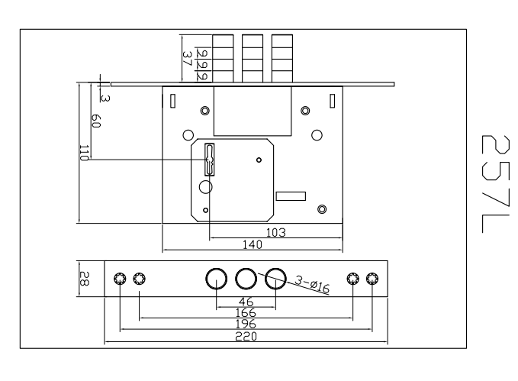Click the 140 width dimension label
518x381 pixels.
click(x=252, y=244)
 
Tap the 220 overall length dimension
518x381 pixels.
click(x=246, y=336)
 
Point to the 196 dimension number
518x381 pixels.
click(x=246, y=324)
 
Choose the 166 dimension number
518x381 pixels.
click(x=246, y=313)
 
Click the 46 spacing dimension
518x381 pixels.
click(x=246, y=302)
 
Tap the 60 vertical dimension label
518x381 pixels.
click(x=96, y=121)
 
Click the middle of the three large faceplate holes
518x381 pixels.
click(x=246, y=278)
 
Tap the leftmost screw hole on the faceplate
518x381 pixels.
click(x=120, y=279)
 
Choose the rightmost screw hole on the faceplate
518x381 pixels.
click(x=372, y=279)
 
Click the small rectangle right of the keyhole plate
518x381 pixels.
click(x=291, y=196)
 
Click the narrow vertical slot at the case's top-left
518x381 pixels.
click(x=173, y=100)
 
